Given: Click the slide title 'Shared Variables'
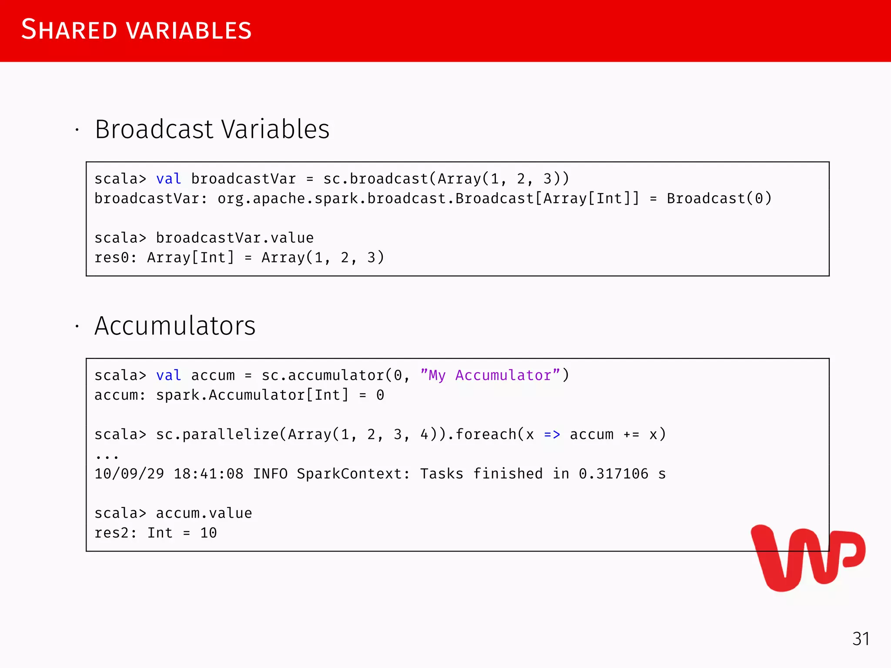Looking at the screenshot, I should [136, 30].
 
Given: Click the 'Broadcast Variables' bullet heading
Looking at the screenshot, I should [212, 129].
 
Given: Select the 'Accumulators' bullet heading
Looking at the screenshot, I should [175, 326].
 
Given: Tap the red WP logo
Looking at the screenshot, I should [807, 558].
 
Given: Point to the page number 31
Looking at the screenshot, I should [861, 639].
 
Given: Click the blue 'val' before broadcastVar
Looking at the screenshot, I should [168, 179].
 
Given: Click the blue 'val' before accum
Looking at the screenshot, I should [168, 375].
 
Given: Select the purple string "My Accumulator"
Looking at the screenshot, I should [490, 375].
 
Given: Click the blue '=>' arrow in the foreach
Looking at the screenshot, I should [552, 434].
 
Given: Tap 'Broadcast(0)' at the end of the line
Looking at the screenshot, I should [719, 199].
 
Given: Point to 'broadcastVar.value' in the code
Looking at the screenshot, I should [234, 238].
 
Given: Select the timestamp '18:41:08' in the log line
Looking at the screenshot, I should [208, 474].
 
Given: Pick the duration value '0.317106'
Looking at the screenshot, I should [613, 474].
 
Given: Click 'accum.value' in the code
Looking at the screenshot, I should [204, 513].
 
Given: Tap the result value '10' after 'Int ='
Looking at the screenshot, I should [208, 533].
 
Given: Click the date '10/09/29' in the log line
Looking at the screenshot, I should [129, 474].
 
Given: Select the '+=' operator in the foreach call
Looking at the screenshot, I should [631, 434].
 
